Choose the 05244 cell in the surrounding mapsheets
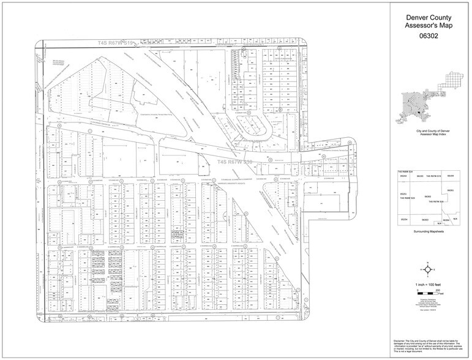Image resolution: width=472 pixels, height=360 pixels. click(x=403, y=176)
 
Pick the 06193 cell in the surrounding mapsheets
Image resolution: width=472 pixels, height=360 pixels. click(x=420, y=176)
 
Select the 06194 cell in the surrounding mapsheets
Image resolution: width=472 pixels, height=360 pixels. click(x=451, y=176)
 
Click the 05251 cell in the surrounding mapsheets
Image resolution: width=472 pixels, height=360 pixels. click(x=403, y=194)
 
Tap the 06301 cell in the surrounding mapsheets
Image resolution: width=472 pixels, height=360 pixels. click(x=451, y=190)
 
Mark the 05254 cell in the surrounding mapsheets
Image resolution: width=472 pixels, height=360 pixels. click(x=403, y=219)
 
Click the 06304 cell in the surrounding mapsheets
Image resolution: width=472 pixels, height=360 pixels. click(x=446, y=219)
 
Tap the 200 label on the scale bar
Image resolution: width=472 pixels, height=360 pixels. click(x=446, y=288)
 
